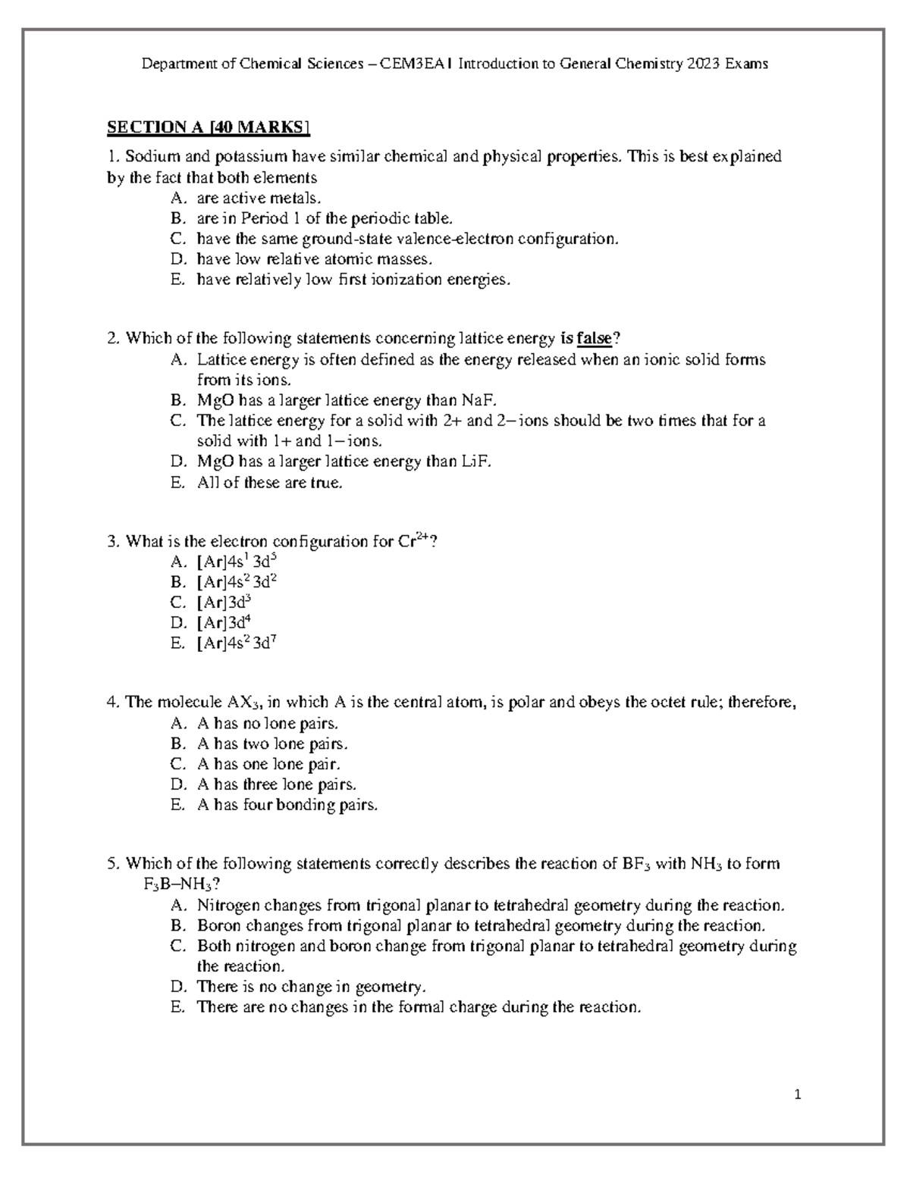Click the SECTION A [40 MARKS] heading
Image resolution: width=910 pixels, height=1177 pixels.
[209, 127]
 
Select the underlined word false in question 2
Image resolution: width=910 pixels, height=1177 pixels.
[594, 338]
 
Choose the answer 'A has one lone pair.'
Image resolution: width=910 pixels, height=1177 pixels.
[268, 764]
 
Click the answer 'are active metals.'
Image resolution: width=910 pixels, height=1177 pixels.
[259, 198]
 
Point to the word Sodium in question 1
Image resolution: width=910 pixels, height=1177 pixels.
[148, 157]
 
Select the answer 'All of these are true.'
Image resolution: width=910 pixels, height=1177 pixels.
[269, 482]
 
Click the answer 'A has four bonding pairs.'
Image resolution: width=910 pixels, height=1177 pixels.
[287, 805]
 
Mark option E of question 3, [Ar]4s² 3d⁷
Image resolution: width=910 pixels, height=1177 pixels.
[236, 643]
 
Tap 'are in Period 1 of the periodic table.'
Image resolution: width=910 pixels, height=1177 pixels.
[324, 218]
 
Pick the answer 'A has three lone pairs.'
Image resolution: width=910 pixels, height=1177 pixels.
[276, 784]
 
